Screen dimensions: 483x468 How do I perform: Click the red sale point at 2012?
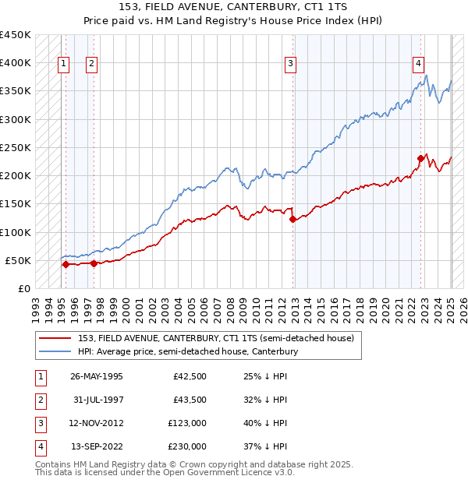pyautogui.click(x=292, y=220)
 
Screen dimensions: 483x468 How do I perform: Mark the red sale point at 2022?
pyautogui.click(x=420, y=159)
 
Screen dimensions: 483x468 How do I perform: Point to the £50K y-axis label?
pyautogui.click(x=18, y=260)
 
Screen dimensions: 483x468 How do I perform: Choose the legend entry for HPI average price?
pyautogui.click(x=188, y=352)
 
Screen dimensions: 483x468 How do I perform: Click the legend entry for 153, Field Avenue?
pyautogui.click(x=216, y=338)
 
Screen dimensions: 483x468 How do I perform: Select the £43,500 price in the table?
pyautogui.click(x=190, y=400)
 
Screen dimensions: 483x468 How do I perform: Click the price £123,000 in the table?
pyautogui.click(x=187, y=424)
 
